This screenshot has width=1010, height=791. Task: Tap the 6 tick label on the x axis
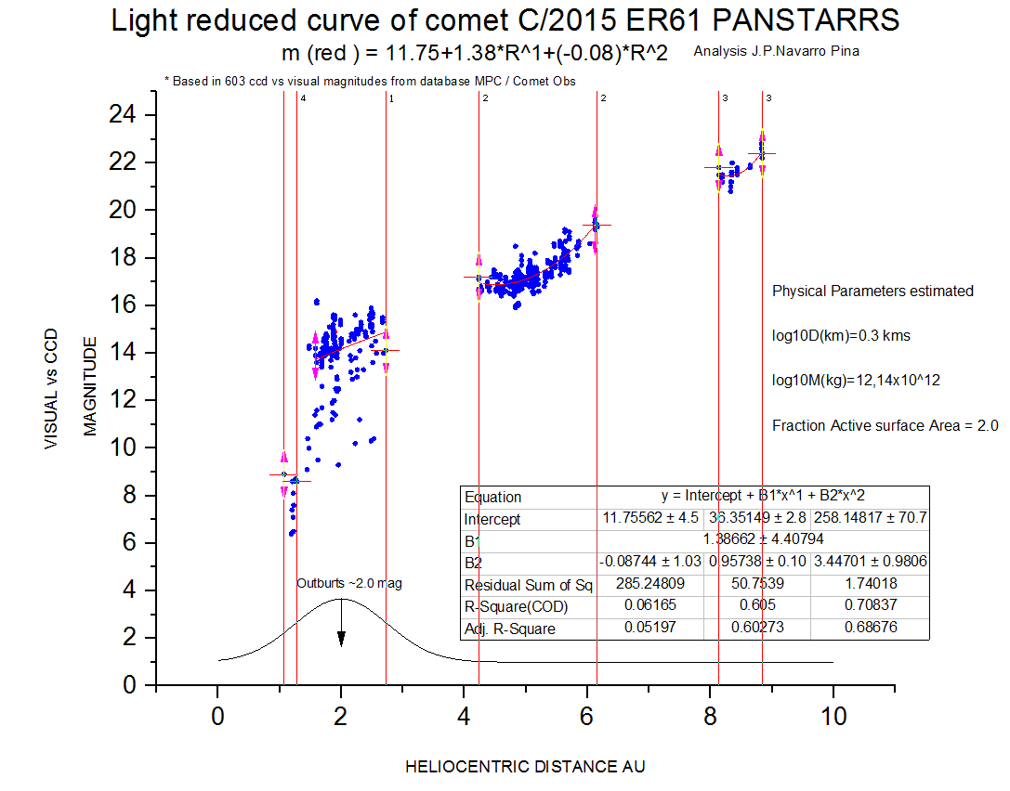point(586,717)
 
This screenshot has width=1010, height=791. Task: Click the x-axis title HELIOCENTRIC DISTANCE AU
point(525,767)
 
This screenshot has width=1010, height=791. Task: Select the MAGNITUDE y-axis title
point(90,386)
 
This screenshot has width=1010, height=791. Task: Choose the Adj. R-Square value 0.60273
point(757,629)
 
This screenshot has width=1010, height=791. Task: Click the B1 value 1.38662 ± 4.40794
point(758,538)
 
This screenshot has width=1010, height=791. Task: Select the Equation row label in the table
point(493,497)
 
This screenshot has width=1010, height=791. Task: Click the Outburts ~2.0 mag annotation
point(349,583)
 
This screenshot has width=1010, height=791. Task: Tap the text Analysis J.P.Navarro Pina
point(776,51)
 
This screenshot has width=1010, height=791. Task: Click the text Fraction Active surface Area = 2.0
point(885,426)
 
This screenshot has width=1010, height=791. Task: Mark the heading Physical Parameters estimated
point(872,291)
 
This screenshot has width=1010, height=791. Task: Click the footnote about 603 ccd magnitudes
point(370,81)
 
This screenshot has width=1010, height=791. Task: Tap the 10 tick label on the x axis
point(833,717)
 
